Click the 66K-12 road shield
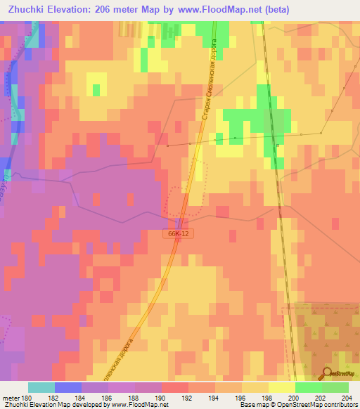tap(179, 233)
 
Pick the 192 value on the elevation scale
tap(188, 398)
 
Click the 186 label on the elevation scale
tap(108, 398)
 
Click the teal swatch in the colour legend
tap(41, 387)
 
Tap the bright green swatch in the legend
tap(309, 387)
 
